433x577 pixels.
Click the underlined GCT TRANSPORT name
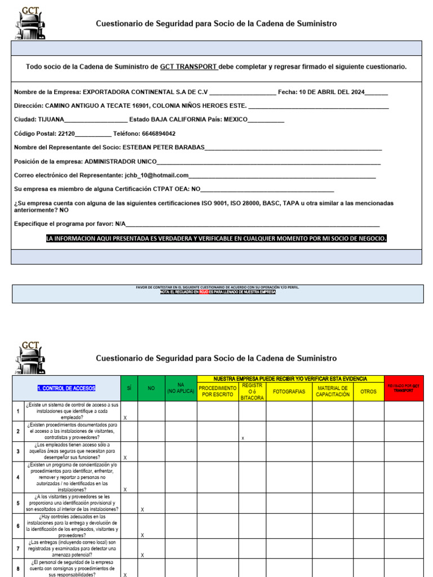pos(188,66)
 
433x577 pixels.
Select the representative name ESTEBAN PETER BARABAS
pos(164,148)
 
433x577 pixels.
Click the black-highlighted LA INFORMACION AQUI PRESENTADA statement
pos(216,239)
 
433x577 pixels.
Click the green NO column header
pos(151,388)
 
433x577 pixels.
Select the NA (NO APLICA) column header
pos(180,388)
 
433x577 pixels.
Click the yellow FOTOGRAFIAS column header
pos(289,391)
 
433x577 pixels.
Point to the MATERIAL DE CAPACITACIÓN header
pos(333,391)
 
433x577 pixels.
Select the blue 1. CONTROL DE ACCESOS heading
pos(67,388)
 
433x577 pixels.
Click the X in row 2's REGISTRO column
pos(242,438)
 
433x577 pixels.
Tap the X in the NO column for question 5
pos(142,509)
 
